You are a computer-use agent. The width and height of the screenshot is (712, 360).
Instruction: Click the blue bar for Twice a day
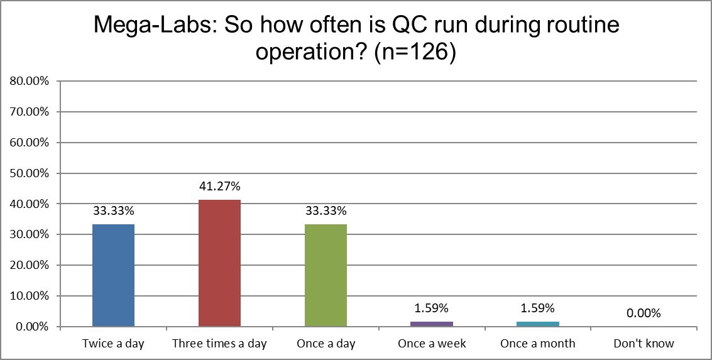(x=113, y=275)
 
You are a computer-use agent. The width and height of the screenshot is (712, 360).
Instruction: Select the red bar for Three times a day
(x=219, y=263)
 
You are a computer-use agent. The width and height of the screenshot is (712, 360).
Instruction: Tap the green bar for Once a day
(x=326, y=275)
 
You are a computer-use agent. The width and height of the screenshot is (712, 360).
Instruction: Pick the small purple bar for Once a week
(x=432, y=324)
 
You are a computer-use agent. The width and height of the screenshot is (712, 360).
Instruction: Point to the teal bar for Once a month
(x=538, y=324)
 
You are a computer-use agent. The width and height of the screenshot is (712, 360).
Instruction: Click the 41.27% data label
(x=219, y=187)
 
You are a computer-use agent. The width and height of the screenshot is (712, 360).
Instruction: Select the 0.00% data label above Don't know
(x=644, y=314)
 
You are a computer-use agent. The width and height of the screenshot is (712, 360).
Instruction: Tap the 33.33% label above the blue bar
(x=113, y=211)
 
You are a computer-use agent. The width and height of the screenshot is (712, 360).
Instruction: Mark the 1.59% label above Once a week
(x=432, y=308)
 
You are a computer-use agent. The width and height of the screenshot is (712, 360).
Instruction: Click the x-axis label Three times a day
(x=219, y=344)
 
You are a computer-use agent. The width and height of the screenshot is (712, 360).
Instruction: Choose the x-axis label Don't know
(x=644, y=344)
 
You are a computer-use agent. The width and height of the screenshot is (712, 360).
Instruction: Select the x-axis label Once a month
(x=538, y=344)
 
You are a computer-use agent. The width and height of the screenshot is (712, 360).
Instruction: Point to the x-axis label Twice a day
(x=113, y=344)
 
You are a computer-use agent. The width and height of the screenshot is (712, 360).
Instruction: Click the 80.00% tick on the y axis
(x=28, y=81)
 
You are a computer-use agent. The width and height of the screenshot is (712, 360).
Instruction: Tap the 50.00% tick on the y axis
(x=28, y=173)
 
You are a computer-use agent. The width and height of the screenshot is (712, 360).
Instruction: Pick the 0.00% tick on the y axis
(x=30, y=327)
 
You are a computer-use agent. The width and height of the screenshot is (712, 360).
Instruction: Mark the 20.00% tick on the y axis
(x=28, y=265)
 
